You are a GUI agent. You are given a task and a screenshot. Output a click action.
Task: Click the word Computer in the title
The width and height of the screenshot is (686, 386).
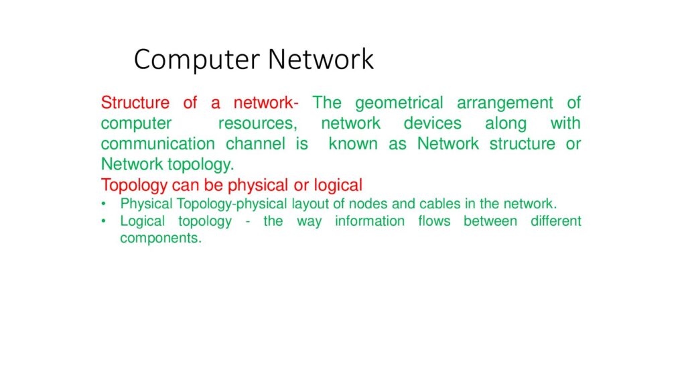pyautogui.click(x=197, y=60)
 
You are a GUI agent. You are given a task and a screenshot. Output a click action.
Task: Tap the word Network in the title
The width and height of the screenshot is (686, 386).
pyautogui.click(x=321, y=59)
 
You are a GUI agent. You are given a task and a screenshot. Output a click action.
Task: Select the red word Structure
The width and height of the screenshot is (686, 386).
pyautogui.click(x=135, y=103)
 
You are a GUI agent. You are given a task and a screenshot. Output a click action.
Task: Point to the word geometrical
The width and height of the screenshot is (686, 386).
pyautogui.click(x=399, y=103)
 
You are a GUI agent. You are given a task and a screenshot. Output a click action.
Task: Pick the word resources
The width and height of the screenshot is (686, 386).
pyautogui.click(x=258, y=123)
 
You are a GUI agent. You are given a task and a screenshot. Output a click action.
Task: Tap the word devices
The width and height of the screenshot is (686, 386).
pyautogui.click(x=432, y=123)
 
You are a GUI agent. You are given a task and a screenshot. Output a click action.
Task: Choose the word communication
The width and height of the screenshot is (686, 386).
pyautogui.click(x=158, y=143)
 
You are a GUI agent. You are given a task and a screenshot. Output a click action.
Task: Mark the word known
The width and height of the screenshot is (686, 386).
pyautogui.click(x=353, y=143)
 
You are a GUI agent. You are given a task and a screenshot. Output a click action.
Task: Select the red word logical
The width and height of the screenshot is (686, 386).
pyautogui.click(x=338, y=186)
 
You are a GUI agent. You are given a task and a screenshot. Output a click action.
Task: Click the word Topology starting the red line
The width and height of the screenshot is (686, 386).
pyautogui.click(x=134, y=186)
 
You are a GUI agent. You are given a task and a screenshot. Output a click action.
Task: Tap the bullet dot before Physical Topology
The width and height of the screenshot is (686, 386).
pyautogui.click(x=104, y=204)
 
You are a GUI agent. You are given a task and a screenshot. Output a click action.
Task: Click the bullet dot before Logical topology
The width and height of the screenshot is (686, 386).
pyautogui.click(x=104, y=220)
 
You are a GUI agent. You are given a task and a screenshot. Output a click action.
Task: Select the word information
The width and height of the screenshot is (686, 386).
pyautogui.click(x=370, y=220)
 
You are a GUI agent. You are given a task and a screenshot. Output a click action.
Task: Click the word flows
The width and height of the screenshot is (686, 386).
pyautogui.click(x=434, y=220)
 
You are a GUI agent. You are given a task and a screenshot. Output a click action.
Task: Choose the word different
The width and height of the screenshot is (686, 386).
pyautogui.click(x=555, y=220)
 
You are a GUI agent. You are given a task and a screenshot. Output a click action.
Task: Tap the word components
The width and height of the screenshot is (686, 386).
pyautogui.click(x=161, y=238)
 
